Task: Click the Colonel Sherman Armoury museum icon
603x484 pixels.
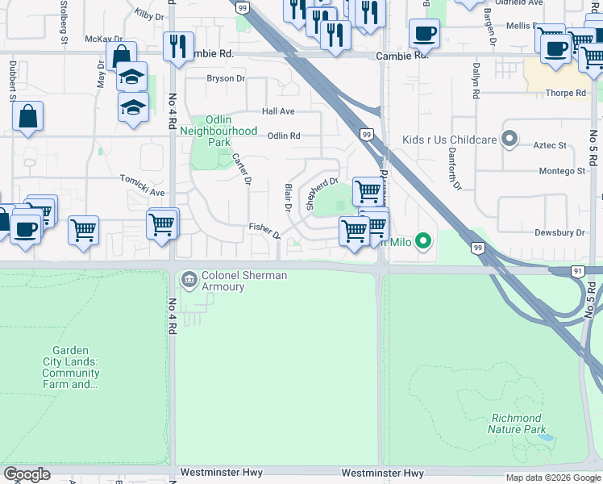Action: click(189, 280)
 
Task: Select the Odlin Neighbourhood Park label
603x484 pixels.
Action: click(218, 131)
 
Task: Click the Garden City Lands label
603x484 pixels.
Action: click(76, 368)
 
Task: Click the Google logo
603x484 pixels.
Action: click(27, 474)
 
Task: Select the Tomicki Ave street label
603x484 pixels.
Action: click(142, 186)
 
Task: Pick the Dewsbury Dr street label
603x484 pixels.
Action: click(559, 232)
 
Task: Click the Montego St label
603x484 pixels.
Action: click(561, 171)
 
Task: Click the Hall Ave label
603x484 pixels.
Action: click(277, 111)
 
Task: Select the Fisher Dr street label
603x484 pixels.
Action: click(264, 231)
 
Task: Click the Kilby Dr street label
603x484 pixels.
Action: click(149, 15)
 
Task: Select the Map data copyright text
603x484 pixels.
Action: click(553, 478)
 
